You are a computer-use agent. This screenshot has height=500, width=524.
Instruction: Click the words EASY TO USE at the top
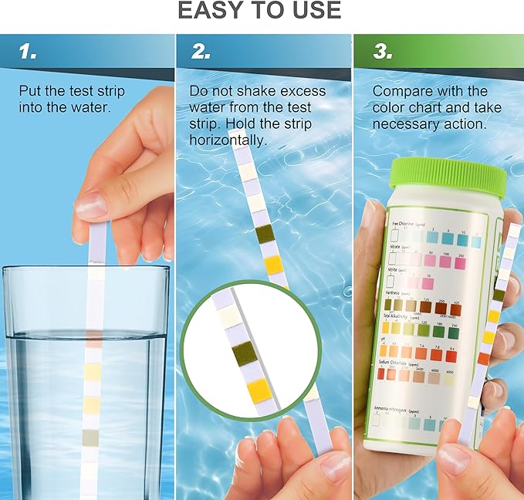tap(259, 10)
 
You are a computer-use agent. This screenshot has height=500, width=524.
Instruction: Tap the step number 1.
tap(29, 52)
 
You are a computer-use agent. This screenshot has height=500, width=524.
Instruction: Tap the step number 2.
tap(201, 52)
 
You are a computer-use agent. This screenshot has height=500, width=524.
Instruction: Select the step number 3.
tap(381, 52)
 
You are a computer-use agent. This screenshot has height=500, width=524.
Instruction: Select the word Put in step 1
tap(30, 90)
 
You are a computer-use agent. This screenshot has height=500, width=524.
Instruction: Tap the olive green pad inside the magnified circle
tap(246, 353)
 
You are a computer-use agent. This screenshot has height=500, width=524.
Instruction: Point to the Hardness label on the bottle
tap(396, 293)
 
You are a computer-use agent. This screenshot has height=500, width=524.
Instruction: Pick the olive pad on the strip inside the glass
tap(90, 437)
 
